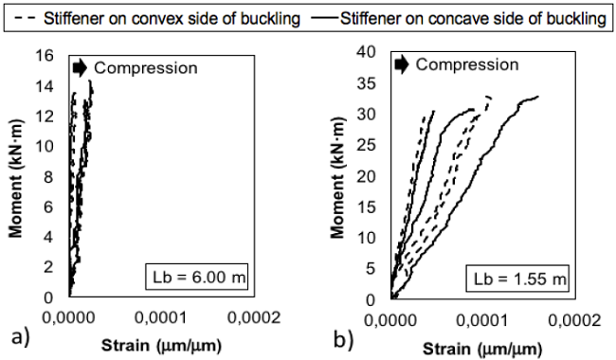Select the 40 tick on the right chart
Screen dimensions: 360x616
pos(371,52)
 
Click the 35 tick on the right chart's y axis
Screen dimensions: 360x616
pos(371,83)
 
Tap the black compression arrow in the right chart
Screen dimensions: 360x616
pos(402,64)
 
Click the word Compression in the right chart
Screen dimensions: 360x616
pos(467,64)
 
